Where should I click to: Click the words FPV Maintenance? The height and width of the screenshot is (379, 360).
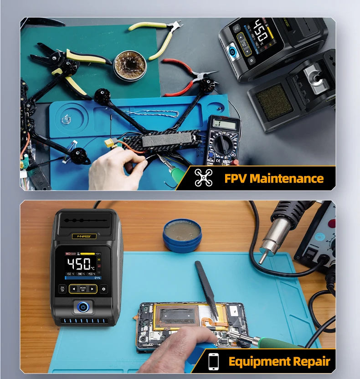click(x=274, y=178)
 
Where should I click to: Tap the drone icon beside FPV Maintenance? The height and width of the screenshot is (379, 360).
click(x=204, y=178)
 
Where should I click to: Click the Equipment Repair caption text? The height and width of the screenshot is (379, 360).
click(x=279, y=362)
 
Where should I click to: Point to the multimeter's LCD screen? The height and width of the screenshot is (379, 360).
click(x=224, y=124)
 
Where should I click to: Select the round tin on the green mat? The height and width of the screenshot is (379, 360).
click(x=129, y=66)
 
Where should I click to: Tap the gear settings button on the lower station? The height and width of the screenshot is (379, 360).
click(x=104, y=289)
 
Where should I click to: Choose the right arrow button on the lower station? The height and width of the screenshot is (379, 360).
click(x=92, y=289)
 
